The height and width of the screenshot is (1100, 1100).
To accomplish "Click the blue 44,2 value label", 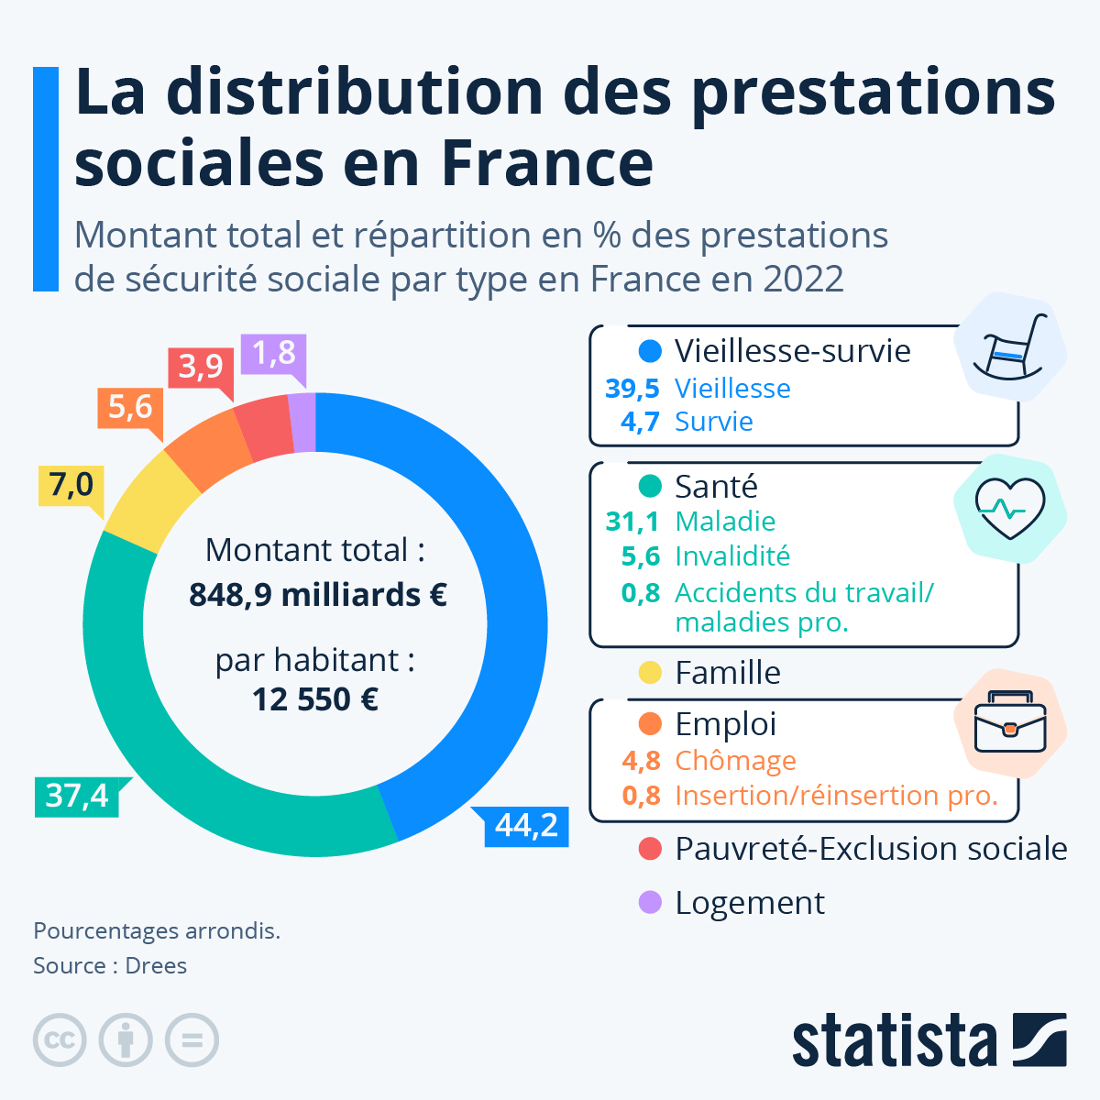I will (x=526, y=826).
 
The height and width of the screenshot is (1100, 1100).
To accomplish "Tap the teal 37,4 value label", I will (x=77, y=796).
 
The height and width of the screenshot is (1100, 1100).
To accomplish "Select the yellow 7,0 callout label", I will (x=71, y=484).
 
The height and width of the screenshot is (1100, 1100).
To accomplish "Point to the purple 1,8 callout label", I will (x=273, y=353).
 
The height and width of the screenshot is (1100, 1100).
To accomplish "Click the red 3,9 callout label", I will (x=201, y=367).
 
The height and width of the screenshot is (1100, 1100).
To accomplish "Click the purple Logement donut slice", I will (x=303, y=423).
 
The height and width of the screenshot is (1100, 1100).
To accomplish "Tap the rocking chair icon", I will (x=1009, y=348).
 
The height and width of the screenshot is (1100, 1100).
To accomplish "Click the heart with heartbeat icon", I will (x=1009, y=509).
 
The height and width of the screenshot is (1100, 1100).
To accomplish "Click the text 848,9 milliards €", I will (x=318, y=595).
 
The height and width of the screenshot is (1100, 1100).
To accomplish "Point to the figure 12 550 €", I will (x=315, y=700).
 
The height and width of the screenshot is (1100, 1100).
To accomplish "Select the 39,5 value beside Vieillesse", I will (x=632, y=389).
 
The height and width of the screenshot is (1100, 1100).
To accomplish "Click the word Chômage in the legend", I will (x=735, y=761).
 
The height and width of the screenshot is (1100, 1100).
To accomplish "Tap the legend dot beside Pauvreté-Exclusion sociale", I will (x=650, y=849).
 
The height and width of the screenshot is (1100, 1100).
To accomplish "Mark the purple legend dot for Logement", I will (x=650, y=903).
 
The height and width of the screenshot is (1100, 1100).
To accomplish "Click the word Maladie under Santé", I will (x=725, y=522).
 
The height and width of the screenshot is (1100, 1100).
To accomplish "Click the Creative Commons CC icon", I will (x=60, y=1040).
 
